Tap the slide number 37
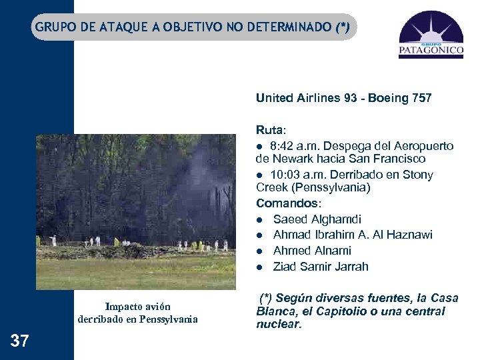click(x=20, y=341)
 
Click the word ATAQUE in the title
click(x=129, y=27)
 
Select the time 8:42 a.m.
click(x=293, y=146)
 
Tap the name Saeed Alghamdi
click(x=317, y=219)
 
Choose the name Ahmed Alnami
click(x=312, y=251)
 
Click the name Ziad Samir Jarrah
click(x=321, y=267)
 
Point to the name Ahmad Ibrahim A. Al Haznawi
click(x=353, y=235)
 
